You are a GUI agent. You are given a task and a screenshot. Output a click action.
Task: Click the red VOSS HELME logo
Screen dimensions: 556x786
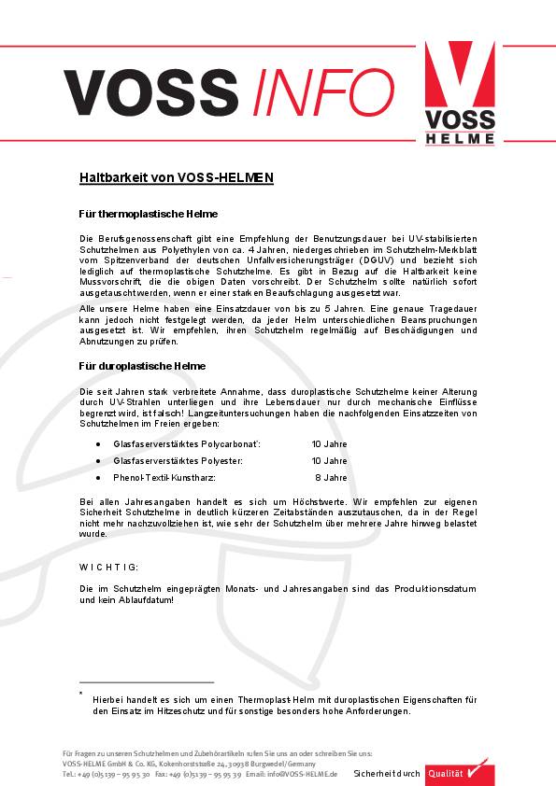pos(460,93)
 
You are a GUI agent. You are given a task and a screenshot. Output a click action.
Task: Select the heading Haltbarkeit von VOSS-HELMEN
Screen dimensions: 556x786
pos(176,176)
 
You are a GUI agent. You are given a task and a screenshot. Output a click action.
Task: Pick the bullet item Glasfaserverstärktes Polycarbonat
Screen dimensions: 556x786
pos(187,445)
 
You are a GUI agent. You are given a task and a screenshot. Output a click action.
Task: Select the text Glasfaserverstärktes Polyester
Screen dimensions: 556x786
pos(178,461)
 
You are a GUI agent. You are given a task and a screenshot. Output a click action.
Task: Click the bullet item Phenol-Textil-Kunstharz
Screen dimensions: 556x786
pos(164,477)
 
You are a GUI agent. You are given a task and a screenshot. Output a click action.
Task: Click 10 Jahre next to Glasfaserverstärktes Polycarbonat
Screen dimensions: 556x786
pos(329,445)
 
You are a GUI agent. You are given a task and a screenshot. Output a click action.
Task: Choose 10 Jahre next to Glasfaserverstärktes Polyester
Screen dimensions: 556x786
pos(329,461)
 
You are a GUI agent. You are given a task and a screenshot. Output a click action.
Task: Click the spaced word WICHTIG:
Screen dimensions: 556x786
pos(109,567)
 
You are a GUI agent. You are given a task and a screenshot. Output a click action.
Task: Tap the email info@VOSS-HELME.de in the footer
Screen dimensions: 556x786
pos(296,774)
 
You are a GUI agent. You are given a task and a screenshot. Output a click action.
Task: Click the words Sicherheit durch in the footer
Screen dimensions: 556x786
pos(387,774)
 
